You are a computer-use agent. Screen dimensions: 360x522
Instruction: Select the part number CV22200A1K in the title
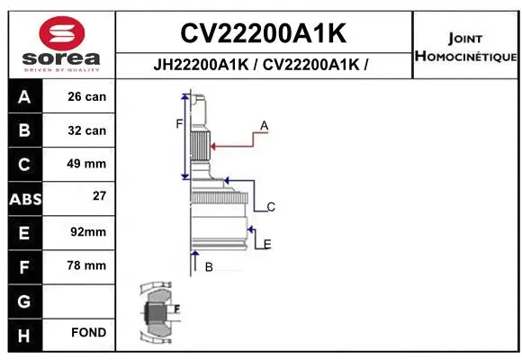pyautogui.click(x=263, y=33)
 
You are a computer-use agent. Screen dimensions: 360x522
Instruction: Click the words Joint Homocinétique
pyautogui.click(x=464, y=48)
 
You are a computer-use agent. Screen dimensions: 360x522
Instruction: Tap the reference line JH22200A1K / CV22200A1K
pyautogui.click(x=263, y=66)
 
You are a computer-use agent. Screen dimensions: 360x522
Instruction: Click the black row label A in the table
pyautogui.click(x=24, y=96)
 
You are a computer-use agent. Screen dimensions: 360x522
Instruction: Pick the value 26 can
pyautogui.click(x=86, y=96)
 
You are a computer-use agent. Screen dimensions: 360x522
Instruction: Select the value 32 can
pyautogui.click(x=86, y=130)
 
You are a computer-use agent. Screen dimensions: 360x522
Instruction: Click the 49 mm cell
pyautogui.click(x=86, y=164)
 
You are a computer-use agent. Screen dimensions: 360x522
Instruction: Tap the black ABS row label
pyautogui.click(x=24, y=198)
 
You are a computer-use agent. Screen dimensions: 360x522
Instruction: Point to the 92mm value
pyautogui.click(x=86, y=232)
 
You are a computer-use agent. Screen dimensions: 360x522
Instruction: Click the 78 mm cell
pyautogui.click(x=86, y=265)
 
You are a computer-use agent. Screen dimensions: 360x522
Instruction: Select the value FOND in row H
pyautogui.click(x=88, y=333)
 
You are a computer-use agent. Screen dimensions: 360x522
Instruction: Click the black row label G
pyautogui.click(x=24, y=300)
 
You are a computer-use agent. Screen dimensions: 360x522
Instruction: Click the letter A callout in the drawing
pyautogui.click(x=264, y=124)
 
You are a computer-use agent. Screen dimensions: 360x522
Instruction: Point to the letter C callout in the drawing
pyautogui.click(x=270, y=207)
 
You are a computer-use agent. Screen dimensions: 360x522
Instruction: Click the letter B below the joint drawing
pyautogui.click(x=209, y=267)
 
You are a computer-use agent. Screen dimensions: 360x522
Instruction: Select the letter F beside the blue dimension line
pyautogui.click(x=178, y=123)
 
